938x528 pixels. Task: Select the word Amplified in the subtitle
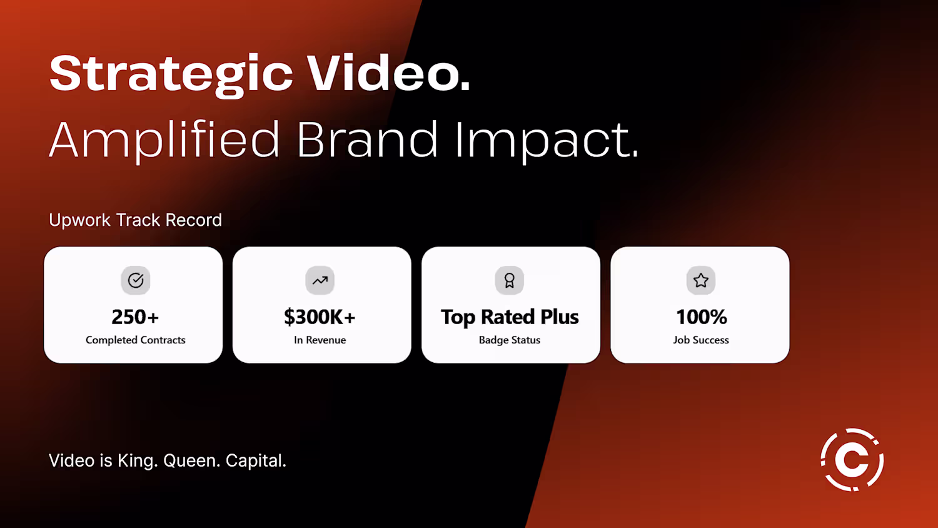click(164, 141)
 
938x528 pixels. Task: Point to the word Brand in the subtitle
click(367, 139)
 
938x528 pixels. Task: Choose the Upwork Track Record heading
click(135, 220)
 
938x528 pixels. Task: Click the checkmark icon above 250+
click(136, 280)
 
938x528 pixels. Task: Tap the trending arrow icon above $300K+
click(320, 280)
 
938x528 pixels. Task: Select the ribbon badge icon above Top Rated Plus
click(509, 280)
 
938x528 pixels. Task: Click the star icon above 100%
click(701, 280)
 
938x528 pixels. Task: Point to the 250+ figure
click(135, 317)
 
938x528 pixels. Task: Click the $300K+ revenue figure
click(320, 317)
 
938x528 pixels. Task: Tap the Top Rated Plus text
click(510, 317)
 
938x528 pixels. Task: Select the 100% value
click(702, 317)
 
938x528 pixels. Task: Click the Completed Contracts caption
click(135, 340)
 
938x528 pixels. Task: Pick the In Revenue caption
click(320, 340)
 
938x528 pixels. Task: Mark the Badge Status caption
click(510, 340)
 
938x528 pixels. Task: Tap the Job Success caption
click(701, 340)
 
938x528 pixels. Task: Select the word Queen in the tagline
click(191, 460)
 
